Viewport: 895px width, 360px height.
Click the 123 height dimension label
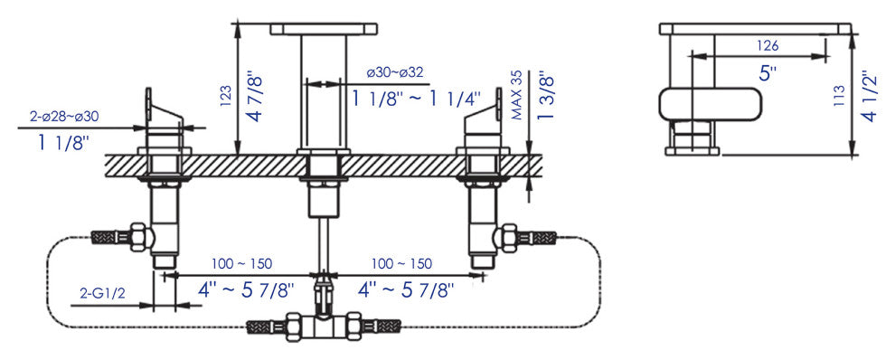[225, 96]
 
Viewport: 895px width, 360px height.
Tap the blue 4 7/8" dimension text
[256, 96]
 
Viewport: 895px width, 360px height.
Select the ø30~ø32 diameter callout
[395, 72]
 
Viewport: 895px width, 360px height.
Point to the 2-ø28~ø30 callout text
[64, 117]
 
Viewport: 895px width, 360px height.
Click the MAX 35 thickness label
[517, 96]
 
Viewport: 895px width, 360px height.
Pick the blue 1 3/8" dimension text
[545, 95]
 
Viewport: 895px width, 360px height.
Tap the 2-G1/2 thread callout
[102, 294]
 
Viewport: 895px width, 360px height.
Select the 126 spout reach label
[768, 45]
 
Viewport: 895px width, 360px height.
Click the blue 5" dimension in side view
[768, 72]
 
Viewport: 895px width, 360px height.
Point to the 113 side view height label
[838, 96]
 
